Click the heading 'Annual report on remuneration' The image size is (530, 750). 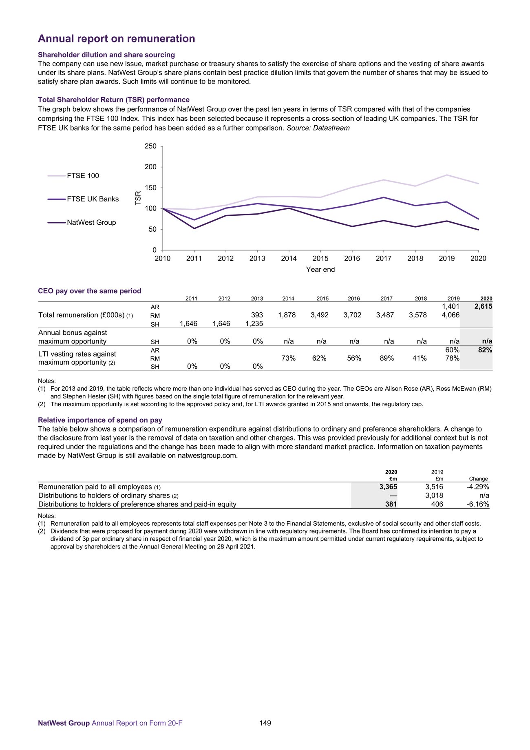coord(116,39)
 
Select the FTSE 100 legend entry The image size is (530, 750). coord(83,176)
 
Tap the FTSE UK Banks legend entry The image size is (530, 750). coord(93,199)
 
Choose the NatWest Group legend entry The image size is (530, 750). coord(91,222)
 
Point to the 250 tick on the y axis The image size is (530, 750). coord(151,146)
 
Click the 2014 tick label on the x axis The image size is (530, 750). coord(289,259)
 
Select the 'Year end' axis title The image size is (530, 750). coord(320,270)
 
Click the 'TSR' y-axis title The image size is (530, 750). coord(138,198)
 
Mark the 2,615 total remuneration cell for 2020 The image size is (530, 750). coord(483,306)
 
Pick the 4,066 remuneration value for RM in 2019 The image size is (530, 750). coord(450,315)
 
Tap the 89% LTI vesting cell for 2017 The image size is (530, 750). coord(387,358)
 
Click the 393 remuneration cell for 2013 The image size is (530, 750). coord(257,315)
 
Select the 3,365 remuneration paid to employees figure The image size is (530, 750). coord(388,487)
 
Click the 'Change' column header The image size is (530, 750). coord(478,479)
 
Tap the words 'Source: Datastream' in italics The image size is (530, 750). coord(318,128)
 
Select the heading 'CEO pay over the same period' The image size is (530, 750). coord(90,291)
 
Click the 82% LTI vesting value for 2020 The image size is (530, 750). coord(485,350)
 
